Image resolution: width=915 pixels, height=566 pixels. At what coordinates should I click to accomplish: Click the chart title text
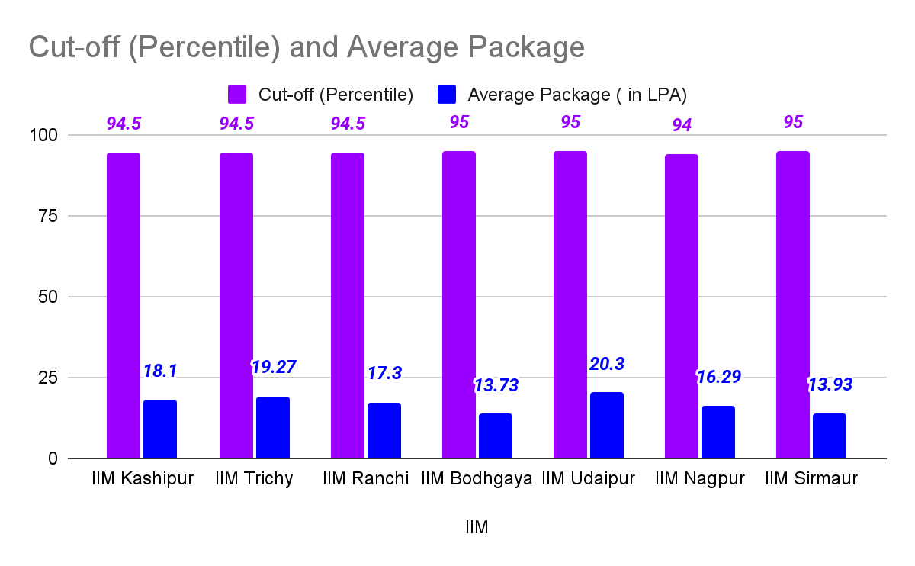(307, 47)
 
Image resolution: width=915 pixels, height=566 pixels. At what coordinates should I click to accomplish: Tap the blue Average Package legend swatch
(446, 95)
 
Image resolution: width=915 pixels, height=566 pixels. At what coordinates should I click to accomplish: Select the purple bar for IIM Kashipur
(124, 305)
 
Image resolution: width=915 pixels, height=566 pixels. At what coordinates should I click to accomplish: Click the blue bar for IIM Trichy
(272, 427)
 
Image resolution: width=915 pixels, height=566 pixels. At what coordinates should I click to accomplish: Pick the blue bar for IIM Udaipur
(606, 425)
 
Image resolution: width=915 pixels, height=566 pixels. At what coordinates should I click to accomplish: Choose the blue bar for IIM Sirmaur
(830, 436)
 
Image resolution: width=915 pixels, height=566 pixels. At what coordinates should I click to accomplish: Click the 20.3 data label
(607, 364)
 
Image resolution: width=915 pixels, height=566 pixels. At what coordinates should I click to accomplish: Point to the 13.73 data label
(495, 385)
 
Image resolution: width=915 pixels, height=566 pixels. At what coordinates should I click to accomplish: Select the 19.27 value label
(273, 367)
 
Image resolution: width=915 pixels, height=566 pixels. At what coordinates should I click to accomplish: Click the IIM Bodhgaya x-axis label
(477, 479)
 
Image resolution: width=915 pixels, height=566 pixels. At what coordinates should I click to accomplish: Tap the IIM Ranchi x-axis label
(366, 479)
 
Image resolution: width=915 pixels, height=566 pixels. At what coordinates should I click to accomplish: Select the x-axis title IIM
(477, 527)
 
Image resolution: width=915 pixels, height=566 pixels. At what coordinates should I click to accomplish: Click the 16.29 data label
(718, 377)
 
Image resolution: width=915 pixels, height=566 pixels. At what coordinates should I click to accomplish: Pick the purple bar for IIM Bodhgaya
(458, 304)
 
